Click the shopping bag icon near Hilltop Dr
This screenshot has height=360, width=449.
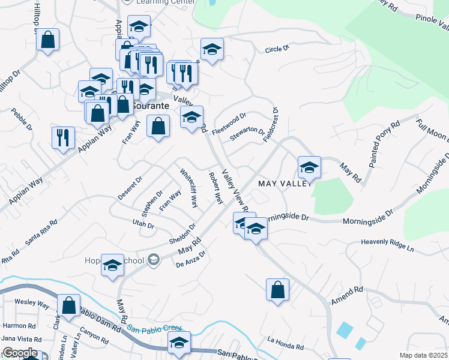click(x=48, y=40)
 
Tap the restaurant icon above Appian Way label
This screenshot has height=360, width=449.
click(x=63, y=138)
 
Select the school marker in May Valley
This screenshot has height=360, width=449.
click(x=309, y=167)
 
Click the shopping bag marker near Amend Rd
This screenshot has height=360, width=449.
click(x=277, y=290)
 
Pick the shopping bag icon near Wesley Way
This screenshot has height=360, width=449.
click(x=69, y=305)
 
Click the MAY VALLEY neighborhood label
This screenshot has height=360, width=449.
click(x=284, y=183)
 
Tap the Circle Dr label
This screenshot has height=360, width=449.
click(x=277, y=48)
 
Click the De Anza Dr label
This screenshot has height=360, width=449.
click(x=191, y=258)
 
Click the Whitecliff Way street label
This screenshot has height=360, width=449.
click(x=189, y=188)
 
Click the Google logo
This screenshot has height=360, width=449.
click(x=19, y=353)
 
